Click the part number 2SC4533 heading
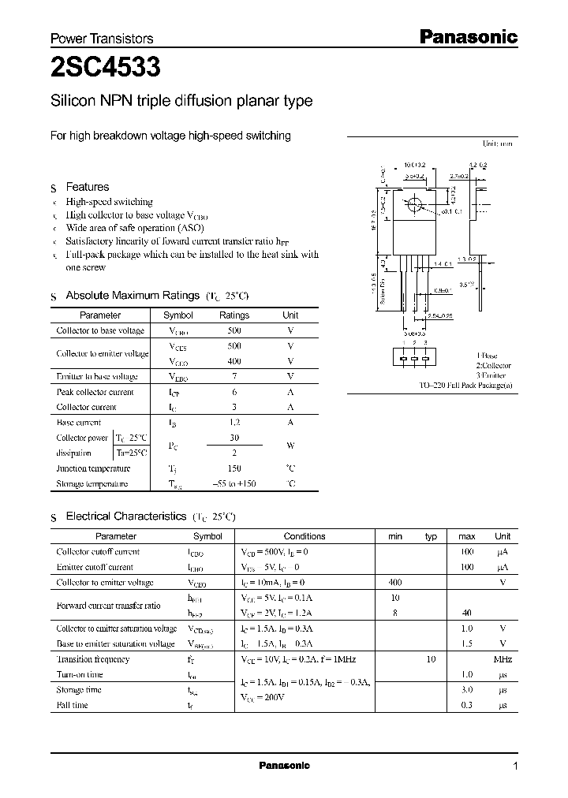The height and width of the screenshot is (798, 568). click(x=106, y=69)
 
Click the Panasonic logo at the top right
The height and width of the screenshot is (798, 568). click(x=466, y=36)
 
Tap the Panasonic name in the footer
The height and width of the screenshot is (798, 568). click(x=284, y=766)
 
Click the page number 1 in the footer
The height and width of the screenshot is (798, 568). click(x=515, y=766)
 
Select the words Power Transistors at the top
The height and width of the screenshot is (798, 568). click(x=102, y=39)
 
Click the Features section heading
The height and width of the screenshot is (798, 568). click(x=87, y=187)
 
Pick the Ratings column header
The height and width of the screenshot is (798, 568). click(x=234, y=315)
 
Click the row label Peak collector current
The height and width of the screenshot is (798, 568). click(x=95, y=392)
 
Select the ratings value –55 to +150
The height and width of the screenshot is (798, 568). click(x=234, y=483)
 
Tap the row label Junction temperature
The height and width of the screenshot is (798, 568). click(x=93, y=468)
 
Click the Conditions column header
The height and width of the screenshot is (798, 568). click(x=304, y=536)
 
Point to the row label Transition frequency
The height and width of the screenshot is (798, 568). click(x=92, y=659)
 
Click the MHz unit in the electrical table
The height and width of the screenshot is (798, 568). click(x=503, y=659)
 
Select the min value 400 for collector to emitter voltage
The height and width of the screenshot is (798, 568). click(x=394, y=583)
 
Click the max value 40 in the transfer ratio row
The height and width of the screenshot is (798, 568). click(x=466, y=613)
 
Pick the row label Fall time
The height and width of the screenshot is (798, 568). click(x=72, y=705)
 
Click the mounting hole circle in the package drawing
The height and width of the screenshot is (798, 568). click(x=414, y=207)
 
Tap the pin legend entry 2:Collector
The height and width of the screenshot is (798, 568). click(x=493, y=366)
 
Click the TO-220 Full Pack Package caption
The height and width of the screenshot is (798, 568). click(x=465, y=386)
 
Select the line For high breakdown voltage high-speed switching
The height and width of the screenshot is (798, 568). click(x=170, y=136)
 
